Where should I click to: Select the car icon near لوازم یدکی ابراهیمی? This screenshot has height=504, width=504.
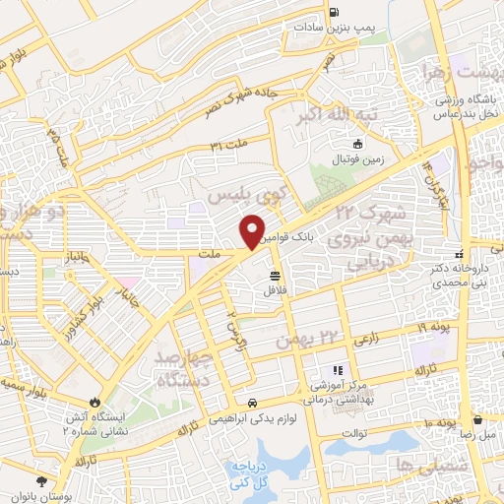pyautogui.click(x=254, y=403)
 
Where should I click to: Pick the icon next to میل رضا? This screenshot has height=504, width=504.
pyautogui.click(x=477, y=419)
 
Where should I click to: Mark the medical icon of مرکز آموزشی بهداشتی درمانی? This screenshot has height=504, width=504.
pyautogui.click(x=338, y=370)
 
